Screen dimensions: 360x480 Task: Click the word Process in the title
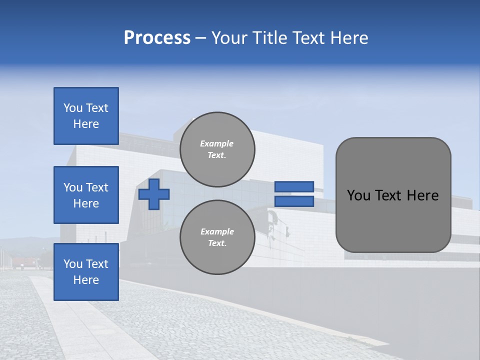tap(157, 38)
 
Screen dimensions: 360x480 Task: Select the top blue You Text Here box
tap(86, 116)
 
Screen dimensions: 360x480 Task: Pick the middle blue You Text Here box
tap(86, 195)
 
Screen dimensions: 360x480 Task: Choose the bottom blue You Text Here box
tap(86, 272)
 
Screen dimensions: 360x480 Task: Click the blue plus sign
tap(154, 194)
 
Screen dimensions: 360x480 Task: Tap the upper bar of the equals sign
tap(294, 186)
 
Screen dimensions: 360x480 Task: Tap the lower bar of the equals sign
tap(294, 201)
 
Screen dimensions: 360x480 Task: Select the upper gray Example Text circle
tap(217, 149)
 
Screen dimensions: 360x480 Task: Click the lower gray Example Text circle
tap(217, 237)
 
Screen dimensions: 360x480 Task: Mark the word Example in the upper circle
tap(217, 143)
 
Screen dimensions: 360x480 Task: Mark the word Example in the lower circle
tap(217, 231)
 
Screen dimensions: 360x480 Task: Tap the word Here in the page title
tap(349, 38)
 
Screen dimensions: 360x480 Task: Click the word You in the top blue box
tap(73, 108)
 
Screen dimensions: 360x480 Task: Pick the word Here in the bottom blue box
tap(86, 280)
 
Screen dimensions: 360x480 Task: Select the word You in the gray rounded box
tap(358, 195)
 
